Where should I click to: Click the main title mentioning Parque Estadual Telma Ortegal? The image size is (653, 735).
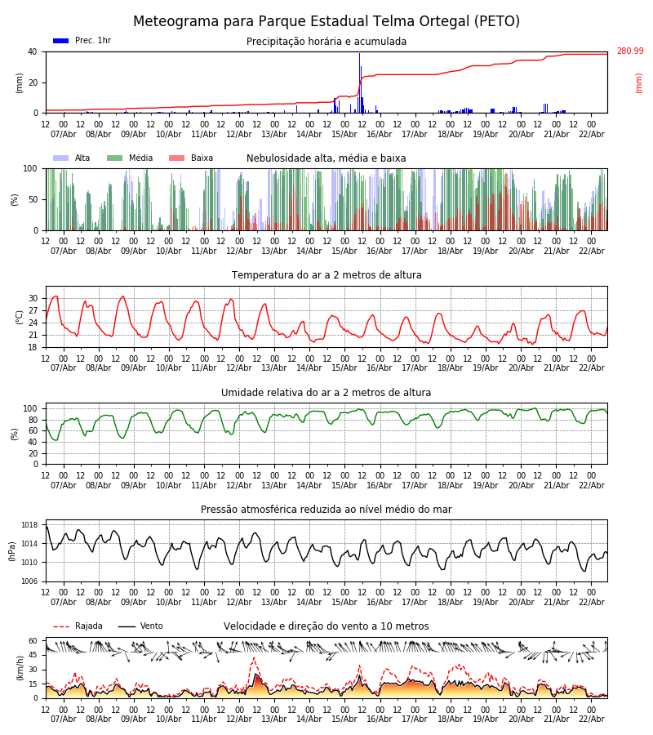326,22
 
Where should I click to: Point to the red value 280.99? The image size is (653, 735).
629,51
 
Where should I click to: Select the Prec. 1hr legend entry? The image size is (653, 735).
82,41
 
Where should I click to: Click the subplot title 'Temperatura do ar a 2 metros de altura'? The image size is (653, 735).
326,275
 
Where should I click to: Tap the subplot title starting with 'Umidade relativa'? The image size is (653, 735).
326,393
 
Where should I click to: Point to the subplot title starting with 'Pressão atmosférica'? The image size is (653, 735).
326,510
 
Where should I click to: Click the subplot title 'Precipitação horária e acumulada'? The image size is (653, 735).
326,42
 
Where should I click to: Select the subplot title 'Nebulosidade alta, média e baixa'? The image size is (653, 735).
326,158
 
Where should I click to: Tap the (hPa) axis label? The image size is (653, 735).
12,550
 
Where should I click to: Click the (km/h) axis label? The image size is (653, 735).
20,668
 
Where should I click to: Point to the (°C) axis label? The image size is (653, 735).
20,317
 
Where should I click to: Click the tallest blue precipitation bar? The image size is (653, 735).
359,82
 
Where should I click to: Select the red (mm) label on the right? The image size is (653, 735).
639,82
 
